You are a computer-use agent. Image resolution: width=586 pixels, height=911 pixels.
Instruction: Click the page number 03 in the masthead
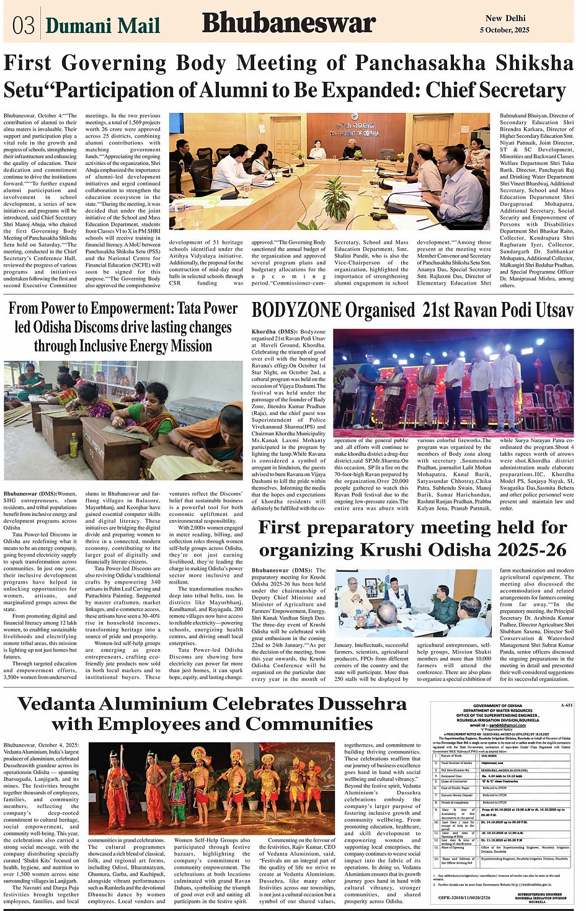(24, 25)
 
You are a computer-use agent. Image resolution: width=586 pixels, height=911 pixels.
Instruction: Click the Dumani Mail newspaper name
(103, 26)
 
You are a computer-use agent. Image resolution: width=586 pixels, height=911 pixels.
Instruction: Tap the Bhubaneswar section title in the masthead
(288, 24)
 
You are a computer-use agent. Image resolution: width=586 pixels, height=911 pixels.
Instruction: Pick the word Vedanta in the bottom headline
(68, 704)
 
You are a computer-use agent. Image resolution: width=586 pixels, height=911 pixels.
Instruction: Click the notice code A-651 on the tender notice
(565, 706)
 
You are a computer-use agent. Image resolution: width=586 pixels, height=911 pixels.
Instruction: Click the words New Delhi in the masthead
(505, 19)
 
